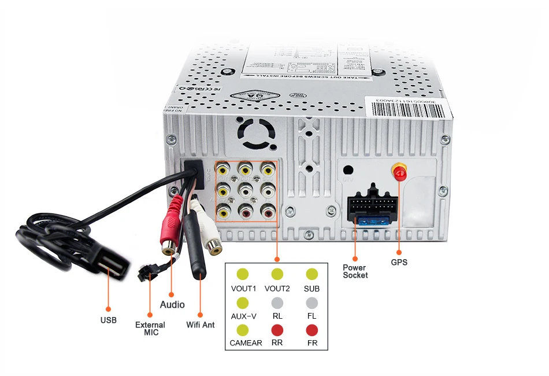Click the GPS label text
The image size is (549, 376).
(399, 262)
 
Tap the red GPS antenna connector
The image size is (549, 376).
(398, 172)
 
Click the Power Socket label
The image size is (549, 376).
(355, 271)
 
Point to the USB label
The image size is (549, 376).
(108, 320)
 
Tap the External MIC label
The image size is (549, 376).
(150, 329)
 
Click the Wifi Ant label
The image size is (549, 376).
(201, 325)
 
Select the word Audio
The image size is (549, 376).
(172, 304)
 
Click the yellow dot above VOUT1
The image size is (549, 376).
(243, 274)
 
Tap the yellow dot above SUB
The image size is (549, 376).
(312, 274)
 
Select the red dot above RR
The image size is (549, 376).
(277, 330)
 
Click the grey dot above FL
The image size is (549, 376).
(312, 303)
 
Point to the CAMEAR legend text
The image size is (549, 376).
(246, 343)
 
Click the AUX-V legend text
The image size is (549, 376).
(243, 316)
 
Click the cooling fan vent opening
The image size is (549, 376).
(258, 134)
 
